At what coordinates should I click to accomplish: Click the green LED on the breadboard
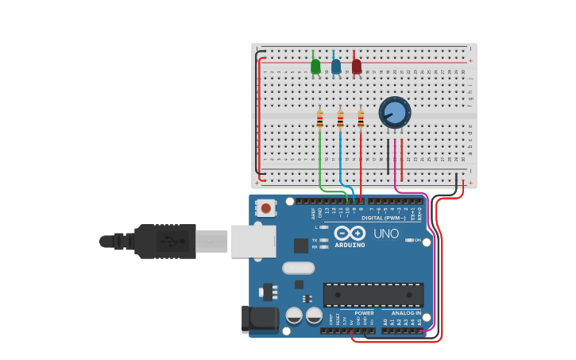click(315, 67)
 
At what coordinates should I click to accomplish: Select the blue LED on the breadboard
click(336, 67)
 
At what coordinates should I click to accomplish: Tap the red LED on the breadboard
click(357, 67)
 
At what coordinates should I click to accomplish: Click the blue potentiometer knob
click(394, 112)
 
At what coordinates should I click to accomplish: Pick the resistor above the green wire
click(319, 119)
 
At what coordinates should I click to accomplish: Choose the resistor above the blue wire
click(340, 119)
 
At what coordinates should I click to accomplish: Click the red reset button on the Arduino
click(266, 208)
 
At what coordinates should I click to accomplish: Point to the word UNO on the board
click(386, 234)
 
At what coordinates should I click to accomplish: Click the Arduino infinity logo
click(350, 233)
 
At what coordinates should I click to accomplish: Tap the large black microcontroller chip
click(373, 294)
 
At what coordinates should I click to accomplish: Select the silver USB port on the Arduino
click(253, 241)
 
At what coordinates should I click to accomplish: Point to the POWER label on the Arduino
click(364, 313)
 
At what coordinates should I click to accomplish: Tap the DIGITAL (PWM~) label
click(384, 218)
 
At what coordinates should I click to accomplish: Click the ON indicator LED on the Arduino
click(408, 240)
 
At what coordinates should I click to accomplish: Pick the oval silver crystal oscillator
click(299, 268)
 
